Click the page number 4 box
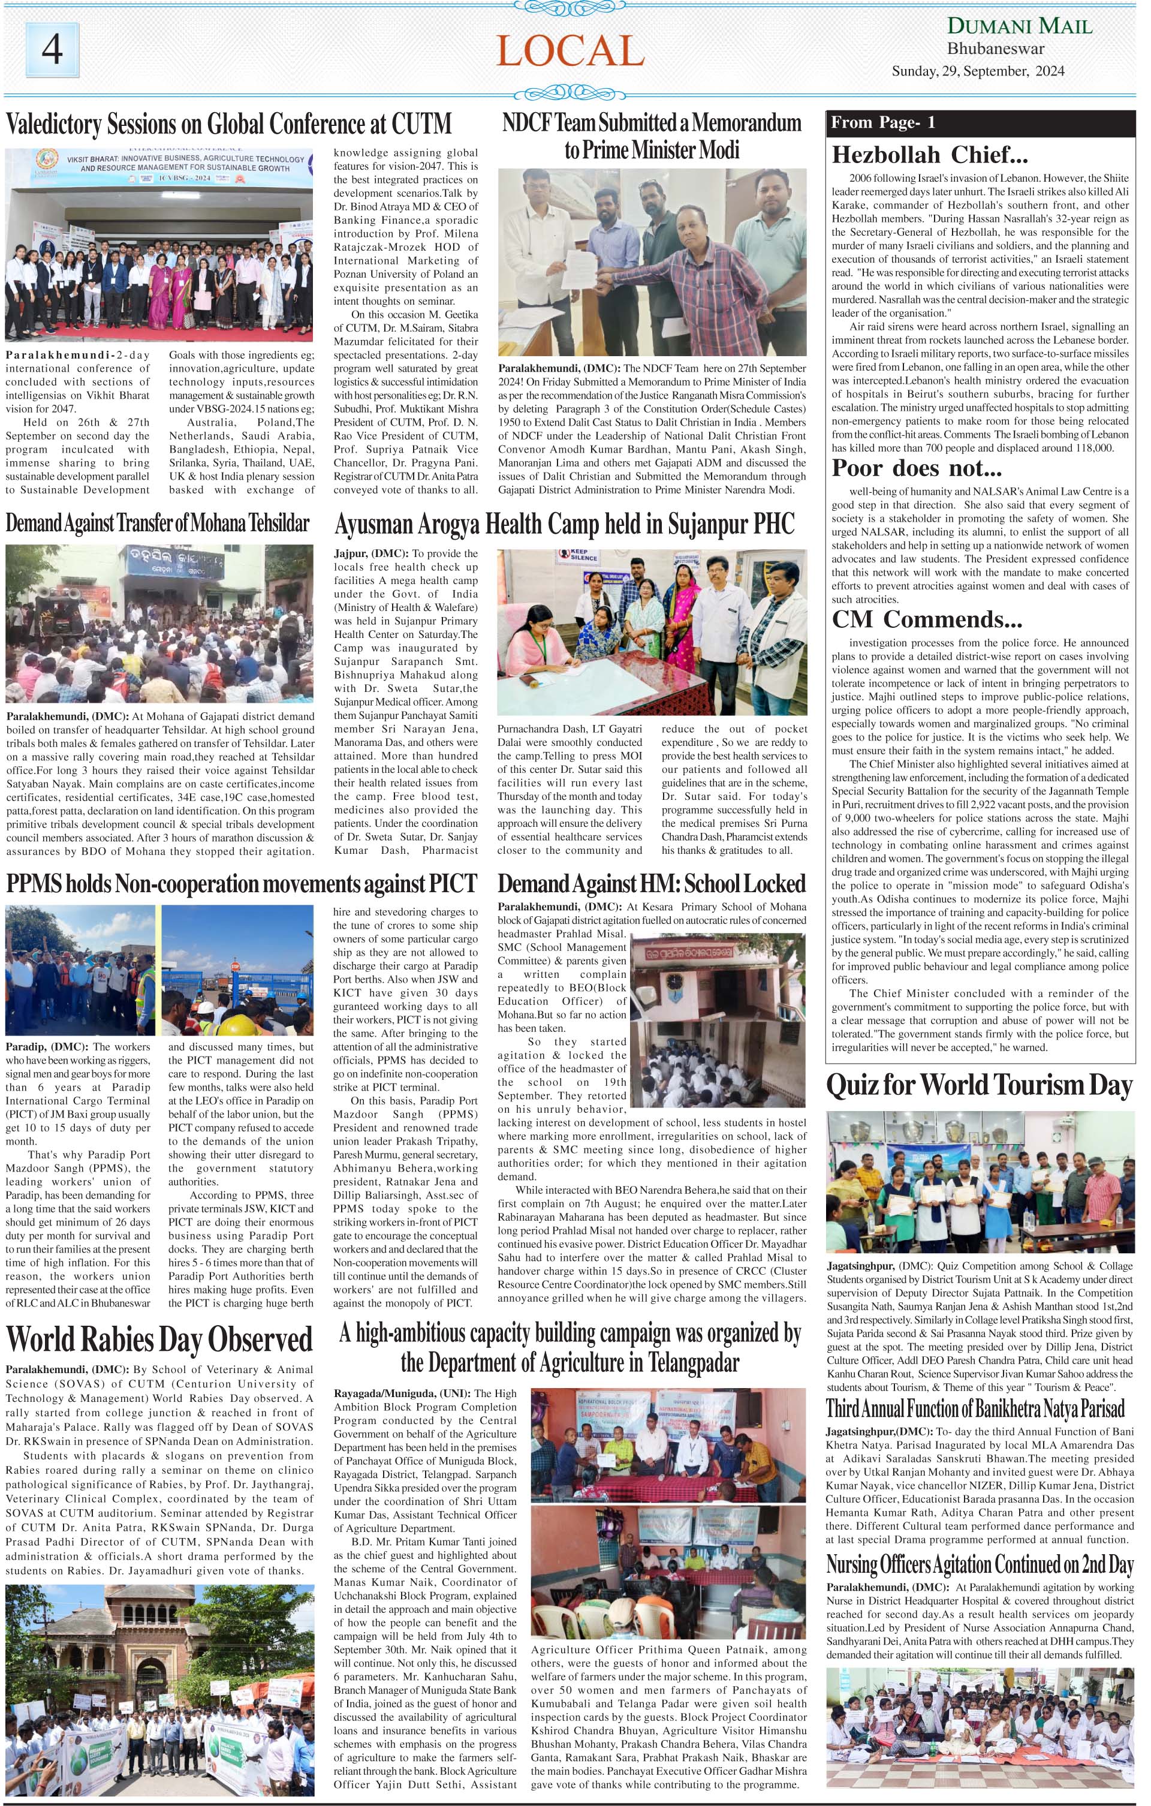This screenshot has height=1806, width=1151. click(53, 50)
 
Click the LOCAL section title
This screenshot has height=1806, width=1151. click(570, 51)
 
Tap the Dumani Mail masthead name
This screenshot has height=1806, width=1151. click(1020, 26)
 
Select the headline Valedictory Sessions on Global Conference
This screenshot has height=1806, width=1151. click(228, 123)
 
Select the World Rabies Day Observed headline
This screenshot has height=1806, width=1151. click(159, 1340)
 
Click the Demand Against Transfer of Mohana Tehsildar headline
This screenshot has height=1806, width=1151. click(158, 523)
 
